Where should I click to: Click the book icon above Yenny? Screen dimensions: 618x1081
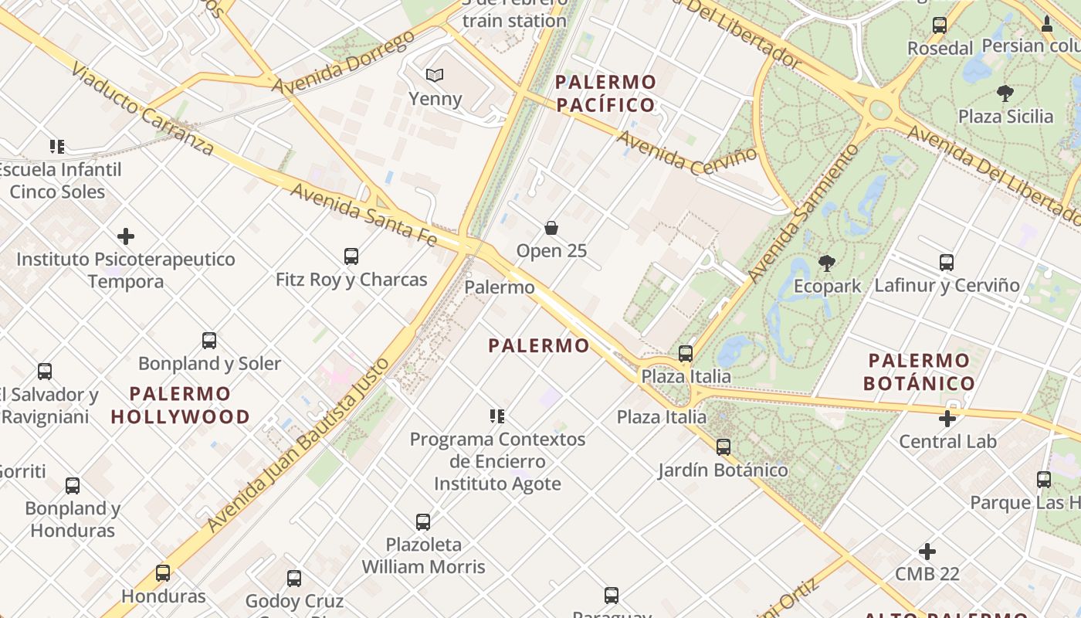(435, 75)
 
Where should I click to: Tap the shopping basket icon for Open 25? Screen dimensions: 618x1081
(551, 228)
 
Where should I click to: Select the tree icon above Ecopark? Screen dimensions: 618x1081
(827, 263)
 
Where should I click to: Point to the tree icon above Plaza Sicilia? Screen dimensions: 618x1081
(1005, 94)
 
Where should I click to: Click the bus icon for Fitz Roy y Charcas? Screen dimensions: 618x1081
(351, 256)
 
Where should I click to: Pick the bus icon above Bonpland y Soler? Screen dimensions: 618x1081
(209, 341)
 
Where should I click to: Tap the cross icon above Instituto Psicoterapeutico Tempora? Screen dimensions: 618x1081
(126, 236)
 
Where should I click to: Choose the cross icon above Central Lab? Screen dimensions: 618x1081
(947, 419)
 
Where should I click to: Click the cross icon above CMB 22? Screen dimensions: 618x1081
(927, 552)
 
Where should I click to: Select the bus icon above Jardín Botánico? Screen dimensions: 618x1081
(723, 447)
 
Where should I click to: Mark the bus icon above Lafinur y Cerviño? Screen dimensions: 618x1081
(947, 263)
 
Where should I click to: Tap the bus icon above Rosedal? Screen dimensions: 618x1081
(940, 25)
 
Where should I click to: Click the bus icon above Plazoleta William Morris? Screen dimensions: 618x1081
(423, 522)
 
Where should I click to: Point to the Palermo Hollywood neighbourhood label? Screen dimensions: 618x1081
(181, 406)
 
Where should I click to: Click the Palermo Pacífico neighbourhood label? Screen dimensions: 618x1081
(605, 93)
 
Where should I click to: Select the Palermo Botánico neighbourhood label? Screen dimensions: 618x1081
(919, 372)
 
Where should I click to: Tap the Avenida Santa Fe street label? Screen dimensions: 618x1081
(363, 215)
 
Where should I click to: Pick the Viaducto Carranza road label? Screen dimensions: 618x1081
(142, 110)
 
